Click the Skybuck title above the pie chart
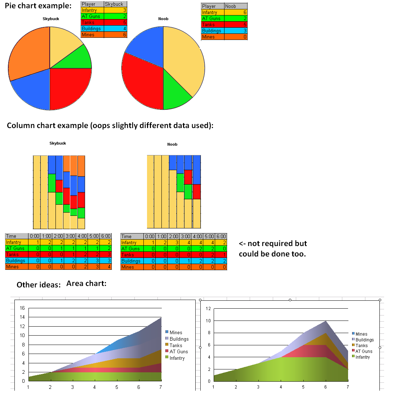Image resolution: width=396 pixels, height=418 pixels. (x=51, y=19)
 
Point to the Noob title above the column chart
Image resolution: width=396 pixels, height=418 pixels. (x=172, y=144)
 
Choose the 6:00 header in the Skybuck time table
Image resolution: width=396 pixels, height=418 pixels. (x=106, y=236)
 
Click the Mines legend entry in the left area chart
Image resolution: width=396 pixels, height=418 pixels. (x=175, y=332)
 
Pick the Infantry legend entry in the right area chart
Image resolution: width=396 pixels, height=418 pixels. (x=362, y=357)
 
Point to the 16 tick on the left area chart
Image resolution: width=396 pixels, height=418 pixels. (x=22, y=308)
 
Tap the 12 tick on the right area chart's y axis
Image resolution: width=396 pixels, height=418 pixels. (x=208, y=308)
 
